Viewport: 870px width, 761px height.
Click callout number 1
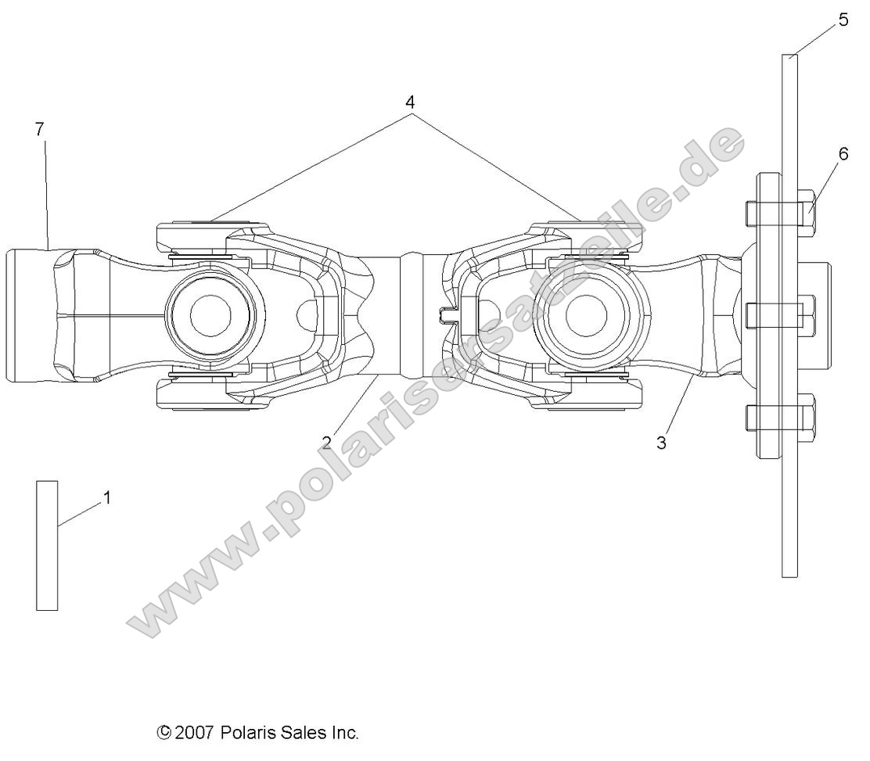(x=107, y=497)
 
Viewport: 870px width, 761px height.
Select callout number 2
(x=326, y=441)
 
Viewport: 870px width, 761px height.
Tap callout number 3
(x=661, y=443)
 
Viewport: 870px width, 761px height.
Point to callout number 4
(x=410, y=102)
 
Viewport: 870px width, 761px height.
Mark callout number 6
(x=843, y=154)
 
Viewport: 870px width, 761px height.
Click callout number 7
(x=40, y=130)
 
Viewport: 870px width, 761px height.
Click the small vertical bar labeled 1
(x=47, y=545)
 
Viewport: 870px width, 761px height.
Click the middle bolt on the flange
(x=806, y=314)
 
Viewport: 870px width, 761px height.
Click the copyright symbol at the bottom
(x=164, y=733)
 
